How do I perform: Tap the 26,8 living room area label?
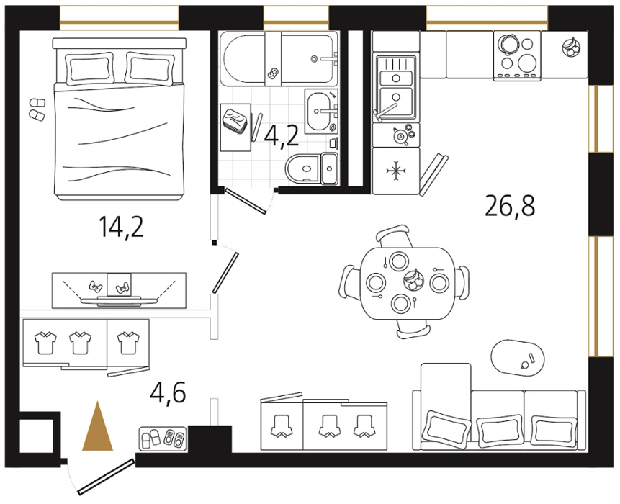point(510,207)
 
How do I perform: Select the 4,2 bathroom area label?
point(281,136)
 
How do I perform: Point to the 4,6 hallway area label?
point(168,392)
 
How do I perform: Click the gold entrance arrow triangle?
point(98,427)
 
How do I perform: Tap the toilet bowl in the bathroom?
point(303,168)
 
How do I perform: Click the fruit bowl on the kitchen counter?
point(571,47)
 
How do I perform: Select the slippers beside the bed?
point(37,108)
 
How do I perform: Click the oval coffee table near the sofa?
point(518,358)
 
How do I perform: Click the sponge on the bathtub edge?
point(273,72)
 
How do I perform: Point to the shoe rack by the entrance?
point(163,438)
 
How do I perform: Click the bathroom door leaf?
point(246,201)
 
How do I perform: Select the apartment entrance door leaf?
point(106,477)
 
